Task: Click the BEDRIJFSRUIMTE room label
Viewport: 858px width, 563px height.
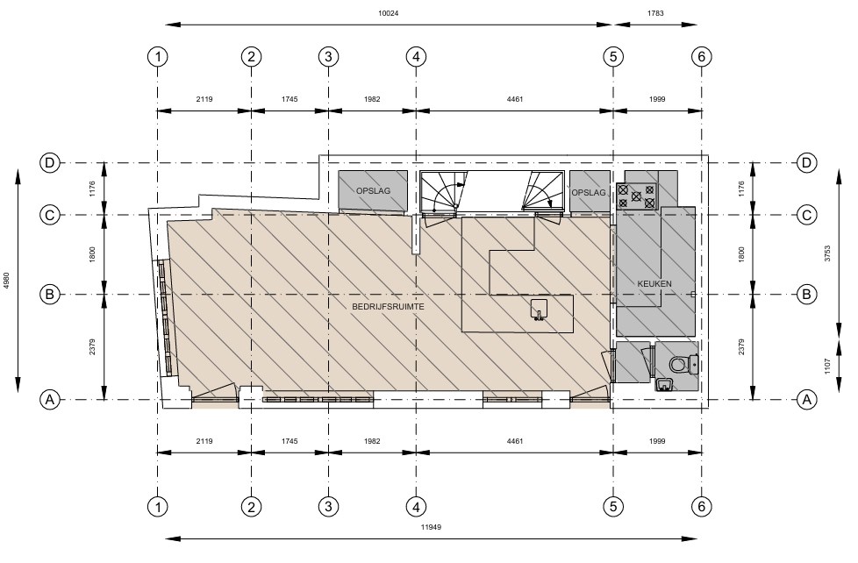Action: click(388, 307)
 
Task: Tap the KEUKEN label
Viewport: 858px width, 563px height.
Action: click(654, 284)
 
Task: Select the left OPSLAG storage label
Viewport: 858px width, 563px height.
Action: click(373, 191)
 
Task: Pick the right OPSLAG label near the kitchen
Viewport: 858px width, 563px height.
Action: click(589, 193)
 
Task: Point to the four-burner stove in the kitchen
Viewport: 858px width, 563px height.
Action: click(636, 196)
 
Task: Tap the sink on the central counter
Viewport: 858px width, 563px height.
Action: click(539, 310)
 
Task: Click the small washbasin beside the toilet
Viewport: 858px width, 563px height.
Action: click(664, 384)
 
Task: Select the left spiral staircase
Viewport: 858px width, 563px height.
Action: click(444, 191)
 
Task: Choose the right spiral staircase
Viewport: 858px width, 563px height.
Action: click(542, 191)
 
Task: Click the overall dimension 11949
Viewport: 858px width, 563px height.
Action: click(431, 527)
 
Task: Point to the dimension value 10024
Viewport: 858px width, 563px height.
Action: click(388, 13)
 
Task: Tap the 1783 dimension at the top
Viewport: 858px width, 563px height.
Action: click(655, 13)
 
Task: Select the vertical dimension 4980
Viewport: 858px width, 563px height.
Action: click(6, 280)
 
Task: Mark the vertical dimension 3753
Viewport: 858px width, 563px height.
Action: click(827, 253)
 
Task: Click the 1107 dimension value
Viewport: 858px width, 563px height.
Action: click(827, 366)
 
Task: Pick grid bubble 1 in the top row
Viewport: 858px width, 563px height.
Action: click(158, 56)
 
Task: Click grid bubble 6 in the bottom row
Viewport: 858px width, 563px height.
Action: click(702, 507)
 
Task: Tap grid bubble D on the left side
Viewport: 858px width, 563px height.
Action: click(50, 162)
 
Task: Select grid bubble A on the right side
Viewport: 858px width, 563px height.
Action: click(806, 399)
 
